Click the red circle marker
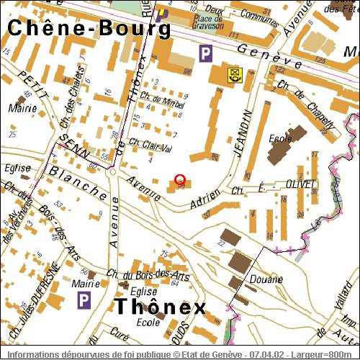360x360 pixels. tap(180, 180)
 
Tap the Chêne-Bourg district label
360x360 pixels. tap(89, 28)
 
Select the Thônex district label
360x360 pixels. tap(161, 307)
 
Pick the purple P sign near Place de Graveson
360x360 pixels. tap(206, 53)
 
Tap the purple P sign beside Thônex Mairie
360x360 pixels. tap(84, 298)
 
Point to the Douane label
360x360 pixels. tap(263, 278)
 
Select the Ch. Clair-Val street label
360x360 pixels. tap(150, 145)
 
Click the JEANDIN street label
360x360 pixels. tap(243, 134)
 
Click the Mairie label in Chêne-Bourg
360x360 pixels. tap(17, 109)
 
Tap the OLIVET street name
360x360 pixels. tap(301, 184)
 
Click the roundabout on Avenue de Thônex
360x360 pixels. tap(112, 171)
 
